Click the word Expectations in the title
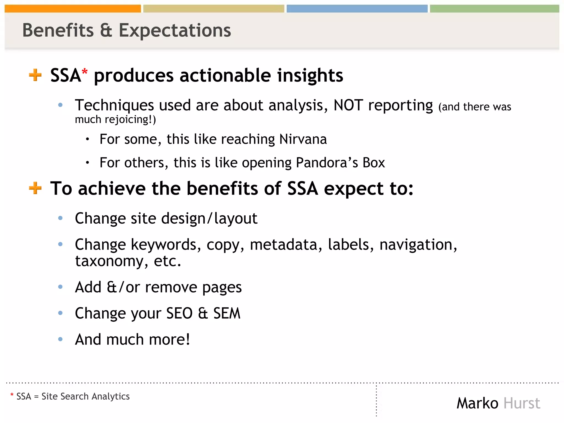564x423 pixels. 175,30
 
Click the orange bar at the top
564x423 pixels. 73,9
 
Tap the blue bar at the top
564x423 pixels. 357,9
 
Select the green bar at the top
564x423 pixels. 494,9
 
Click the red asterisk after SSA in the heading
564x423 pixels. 85,71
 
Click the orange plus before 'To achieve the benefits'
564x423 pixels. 35,188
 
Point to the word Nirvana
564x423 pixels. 303,139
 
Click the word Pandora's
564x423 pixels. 327,162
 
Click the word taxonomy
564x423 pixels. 109,261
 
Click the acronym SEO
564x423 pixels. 179,313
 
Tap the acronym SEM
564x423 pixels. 227,313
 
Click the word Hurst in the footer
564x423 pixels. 522,403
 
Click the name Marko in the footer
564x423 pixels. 478,403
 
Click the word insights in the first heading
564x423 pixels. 310,75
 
